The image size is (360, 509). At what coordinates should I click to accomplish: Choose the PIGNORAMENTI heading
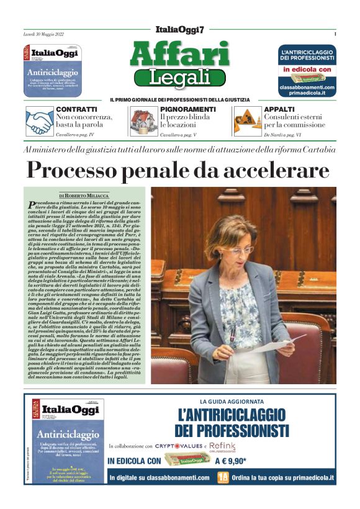pyautogui.click(x=187, y=109)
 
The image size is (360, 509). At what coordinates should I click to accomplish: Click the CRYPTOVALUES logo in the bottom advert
pyautogui.click(x=180, y=446)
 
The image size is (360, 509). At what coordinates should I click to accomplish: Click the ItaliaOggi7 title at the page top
pyautogui.click(x=179, y=30)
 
